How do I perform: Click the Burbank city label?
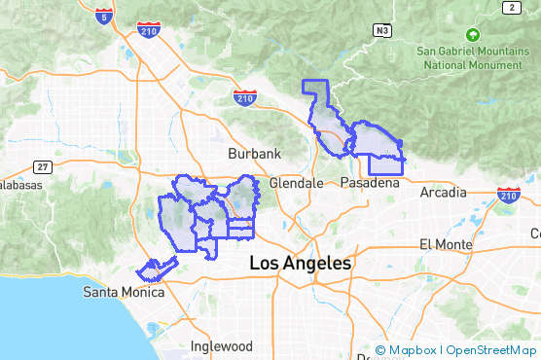[x=254, y=154]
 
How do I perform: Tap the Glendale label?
[x=296, y=183]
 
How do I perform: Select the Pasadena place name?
[x=371, y=183]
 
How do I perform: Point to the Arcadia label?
[x=443, y=193]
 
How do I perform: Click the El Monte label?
[x=445, y=243]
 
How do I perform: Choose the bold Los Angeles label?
[x=301, y=263]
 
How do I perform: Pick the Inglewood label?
[x=221, y=346]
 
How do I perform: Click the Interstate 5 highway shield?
[x=105, y=14]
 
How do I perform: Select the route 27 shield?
[x=41, y=166]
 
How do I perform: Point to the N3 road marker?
[x=382, y=30]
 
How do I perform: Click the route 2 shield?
[x=509, y=8]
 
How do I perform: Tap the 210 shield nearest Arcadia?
[x=507, y=196]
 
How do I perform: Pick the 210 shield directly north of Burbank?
[x=244, y=97]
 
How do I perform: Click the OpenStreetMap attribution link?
[x=490, y=350]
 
